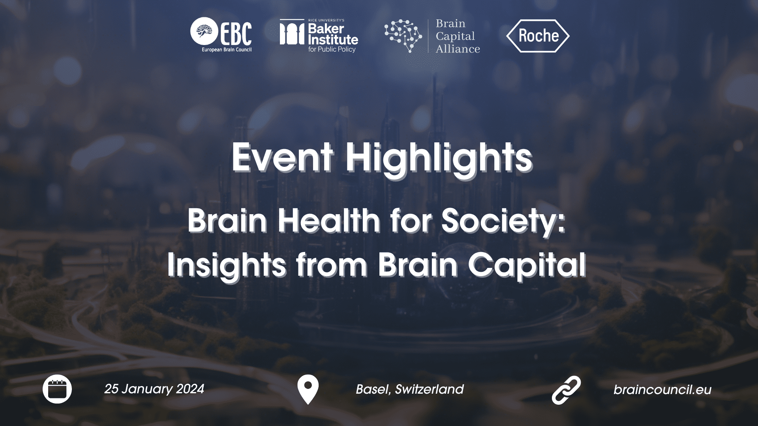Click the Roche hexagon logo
pyautogui.click(x=538, y=36)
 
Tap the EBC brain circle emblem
pyautogui.click(x=204, y=32)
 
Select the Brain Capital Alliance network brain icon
pyautogui.click(x=403, y=35)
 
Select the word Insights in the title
pyautogui.click(x=227, y=265)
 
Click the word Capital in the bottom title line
pyautogui.click(x=527, y=265)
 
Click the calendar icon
pyautogui.click(x=57, y=389)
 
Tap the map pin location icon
pyautogui.click(x=308, y=389)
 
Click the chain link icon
pyautogui.click(x=566, y=390)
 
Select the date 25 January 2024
pyautogui.click(x=154, y=389)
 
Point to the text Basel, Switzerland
pyautogui.click(x=410, y=389)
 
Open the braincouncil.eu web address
pyautogui.click(x=662, y=390)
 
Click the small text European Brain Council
pyautogui.click(x=227, y=50)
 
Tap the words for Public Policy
pyautogui.click(x=332, y=49)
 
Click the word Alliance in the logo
pyautogui.click(x=458, y=49)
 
